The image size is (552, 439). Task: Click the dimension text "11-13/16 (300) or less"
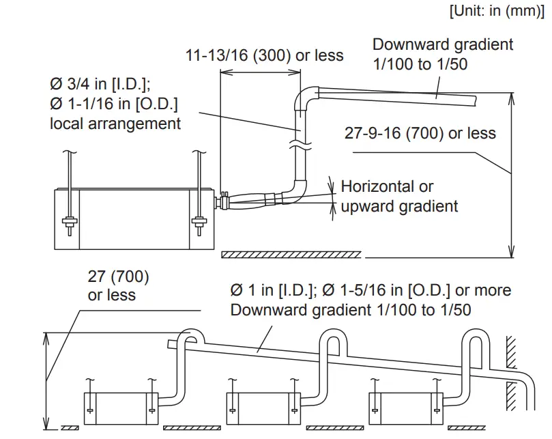point(265,55)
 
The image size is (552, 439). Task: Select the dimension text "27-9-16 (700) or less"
point(420,132)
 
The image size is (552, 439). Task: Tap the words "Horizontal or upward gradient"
point(399,196)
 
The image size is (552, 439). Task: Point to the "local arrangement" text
point(115,124)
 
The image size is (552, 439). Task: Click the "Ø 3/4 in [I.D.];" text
point(100,84)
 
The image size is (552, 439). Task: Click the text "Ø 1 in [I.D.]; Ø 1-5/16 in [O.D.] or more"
point(371,290)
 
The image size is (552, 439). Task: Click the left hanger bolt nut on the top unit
point(69,221)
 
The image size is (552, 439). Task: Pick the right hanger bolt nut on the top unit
point(198,221)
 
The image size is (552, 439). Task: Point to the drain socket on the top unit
point(222,202)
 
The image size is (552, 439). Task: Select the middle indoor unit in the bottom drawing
point(263,408)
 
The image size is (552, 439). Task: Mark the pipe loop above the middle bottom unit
point(334,339)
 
